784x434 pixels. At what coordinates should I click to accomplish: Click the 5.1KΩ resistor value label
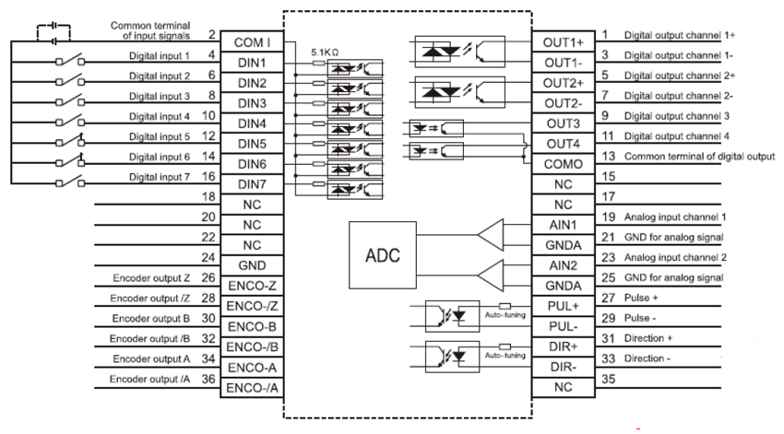tap(327, 54)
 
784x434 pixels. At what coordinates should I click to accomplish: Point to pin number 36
tap(210, 379)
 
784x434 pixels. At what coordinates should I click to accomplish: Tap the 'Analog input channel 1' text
tap(675, 217)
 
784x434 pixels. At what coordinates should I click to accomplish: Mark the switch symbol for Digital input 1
tap(69, 62)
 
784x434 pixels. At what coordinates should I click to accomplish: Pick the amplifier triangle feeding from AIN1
tap(492, 234)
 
